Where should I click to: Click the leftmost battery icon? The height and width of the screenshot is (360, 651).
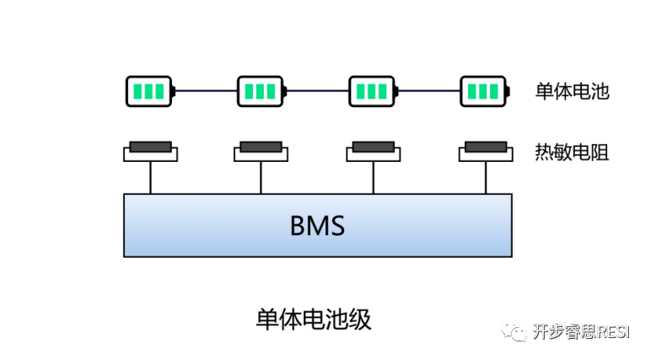pos(150,91)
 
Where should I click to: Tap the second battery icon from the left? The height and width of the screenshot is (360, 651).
pos(261,91)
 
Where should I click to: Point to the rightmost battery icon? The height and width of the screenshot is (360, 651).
pos(485,91)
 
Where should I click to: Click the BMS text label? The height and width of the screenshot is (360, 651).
pos(317,226)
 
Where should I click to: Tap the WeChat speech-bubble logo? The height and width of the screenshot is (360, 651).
pos(514,330)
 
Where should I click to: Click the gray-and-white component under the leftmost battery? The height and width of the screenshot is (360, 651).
pos(150,152)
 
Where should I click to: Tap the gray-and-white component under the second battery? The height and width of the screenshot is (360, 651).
pos(261,152)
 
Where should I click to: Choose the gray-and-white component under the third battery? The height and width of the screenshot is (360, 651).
pos(374,152)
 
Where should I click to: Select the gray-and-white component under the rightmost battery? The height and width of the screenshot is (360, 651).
pos(486,152)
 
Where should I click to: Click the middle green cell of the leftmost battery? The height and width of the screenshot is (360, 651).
pos(149,91)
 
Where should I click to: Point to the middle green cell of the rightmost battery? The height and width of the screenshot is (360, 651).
pos(483,91)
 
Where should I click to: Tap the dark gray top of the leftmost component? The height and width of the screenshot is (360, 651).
pos(150,147)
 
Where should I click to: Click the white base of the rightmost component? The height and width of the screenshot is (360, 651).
pos(486,156)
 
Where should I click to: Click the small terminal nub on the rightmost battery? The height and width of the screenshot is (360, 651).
pos(511,91)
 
